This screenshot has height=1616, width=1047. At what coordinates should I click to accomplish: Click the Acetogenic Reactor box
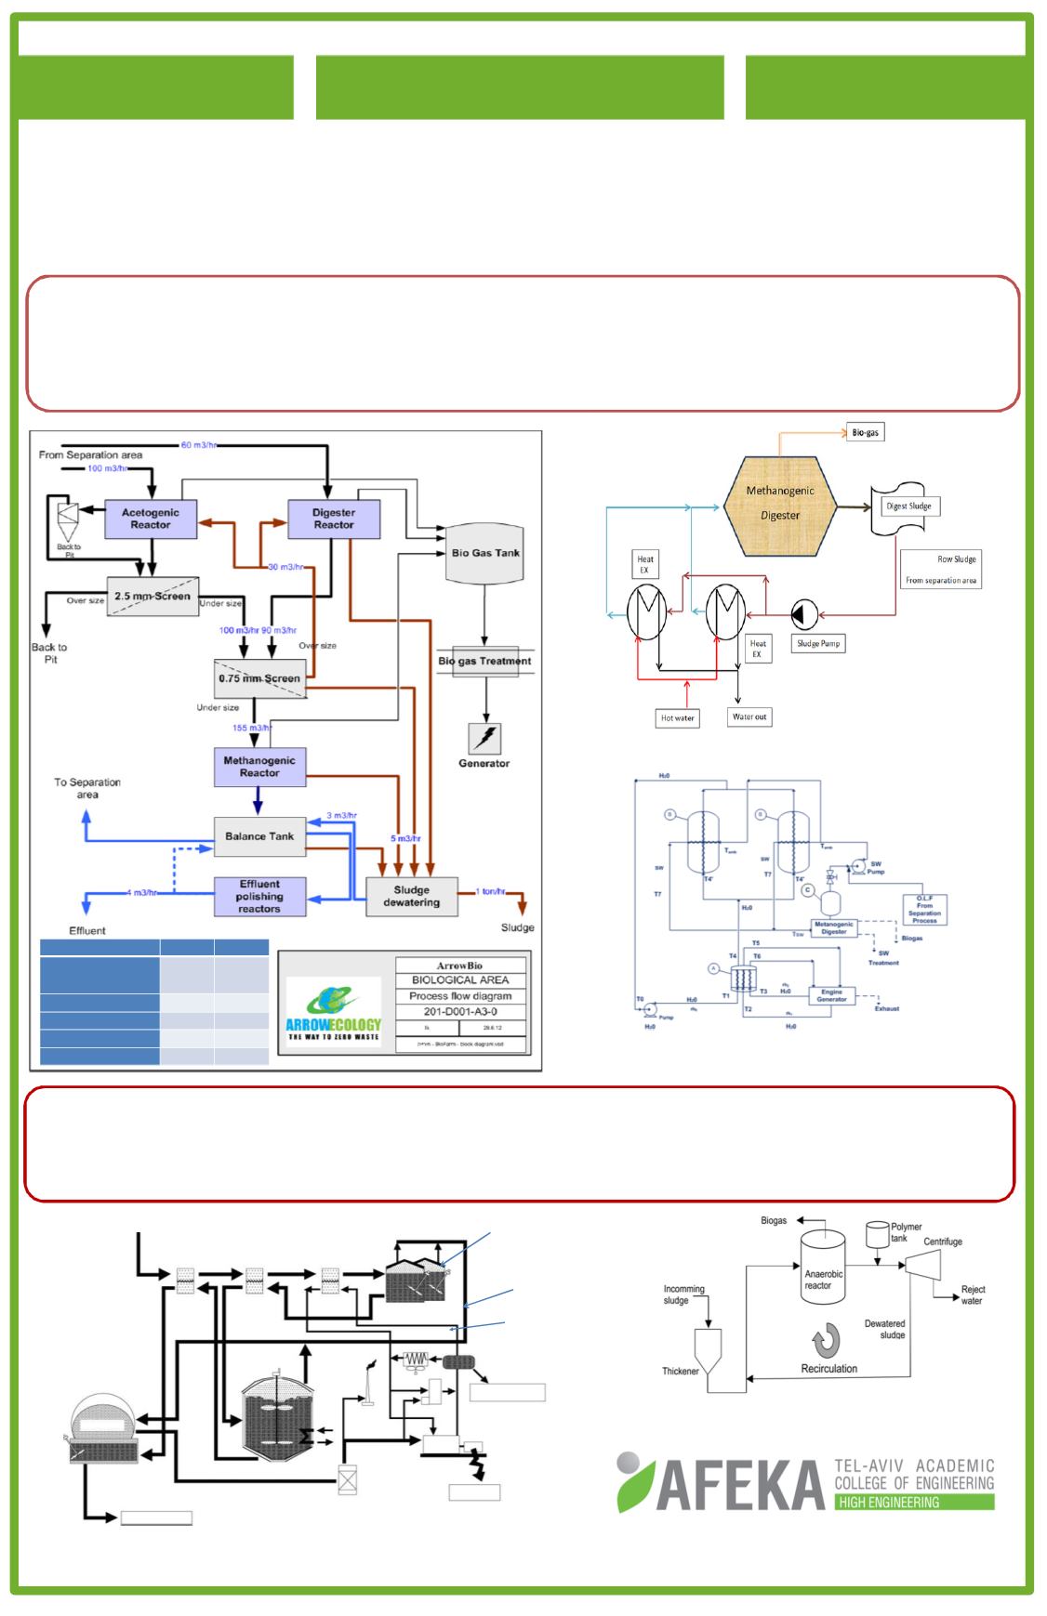click(x=150, y=519)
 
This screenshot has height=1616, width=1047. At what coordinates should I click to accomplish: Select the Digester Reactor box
click(x=333, y=519)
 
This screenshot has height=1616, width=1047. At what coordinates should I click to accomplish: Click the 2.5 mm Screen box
click(x=152, y=597)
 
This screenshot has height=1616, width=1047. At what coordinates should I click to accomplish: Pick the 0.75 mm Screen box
click(x=259, y=678)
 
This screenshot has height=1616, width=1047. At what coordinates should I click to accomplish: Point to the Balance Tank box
click(x=259, y=836)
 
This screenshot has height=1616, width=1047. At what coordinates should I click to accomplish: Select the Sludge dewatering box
click(x=411, y=896)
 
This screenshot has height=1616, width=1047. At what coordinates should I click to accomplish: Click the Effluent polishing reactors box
click(x=259, y=897)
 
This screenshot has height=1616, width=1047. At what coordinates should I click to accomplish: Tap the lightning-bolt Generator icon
click(x=484, y=739)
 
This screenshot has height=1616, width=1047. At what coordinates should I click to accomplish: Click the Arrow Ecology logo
click(x=334, y=1012)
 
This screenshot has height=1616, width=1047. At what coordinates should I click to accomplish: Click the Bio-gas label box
click(x=865, y=433)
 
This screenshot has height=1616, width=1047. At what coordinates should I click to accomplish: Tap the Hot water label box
click(x=678, y=718)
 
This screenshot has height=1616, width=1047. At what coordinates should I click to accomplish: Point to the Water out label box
click(x=749, y=716)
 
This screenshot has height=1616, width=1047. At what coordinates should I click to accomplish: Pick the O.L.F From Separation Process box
click(x=924, y=909)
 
